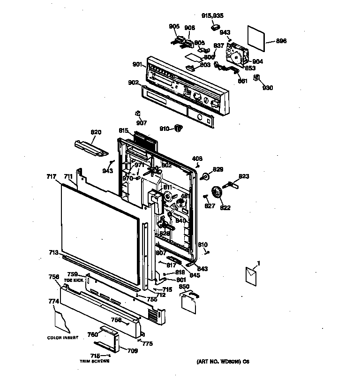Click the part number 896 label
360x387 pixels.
click(x=281, y=41)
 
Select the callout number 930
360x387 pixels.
click(x=268, y=88)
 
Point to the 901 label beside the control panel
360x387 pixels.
click(x=137, y=64)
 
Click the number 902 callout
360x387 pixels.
click(x=133, y=83)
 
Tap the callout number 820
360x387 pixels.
click(x=96, y=132)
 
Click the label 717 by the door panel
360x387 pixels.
click(x=52, y=176)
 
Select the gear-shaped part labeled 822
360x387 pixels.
click(x=217, y=192)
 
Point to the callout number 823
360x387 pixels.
click(x=244, y=176)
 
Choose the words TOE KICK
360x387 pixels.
click(x=74, y=280)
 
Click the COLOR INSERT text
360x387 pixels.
click(x=62, y=338)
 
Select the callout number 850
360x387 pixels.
click(x=184, y=286)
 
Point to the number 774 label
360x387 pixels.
click(x=53, y=302)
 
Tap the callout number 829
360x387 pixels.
click(x=218, y=169)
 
